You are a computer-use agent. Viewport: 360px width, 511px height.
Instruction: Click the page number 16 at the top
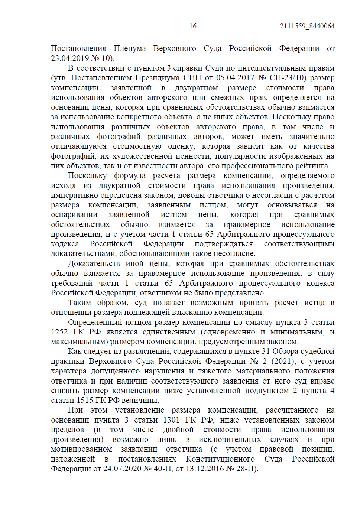pos(193,26)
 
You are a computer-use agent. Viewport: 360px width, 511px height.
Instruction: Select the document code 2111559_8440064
pos(307,26)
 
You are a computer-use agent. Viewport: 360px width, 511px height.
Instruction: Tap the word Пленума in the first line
pos(130,49)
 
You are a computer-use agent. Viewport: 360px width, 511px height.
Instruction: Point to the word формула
pos(130,176)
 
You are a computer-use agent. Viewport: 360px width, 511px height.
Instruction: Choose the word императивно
pos(71,195)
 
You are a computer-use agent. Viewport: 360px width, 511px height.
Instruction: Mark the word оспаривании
pos(74,215)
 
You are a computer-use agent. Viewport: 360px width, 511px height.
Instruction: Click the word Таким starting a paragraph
pos(80,303)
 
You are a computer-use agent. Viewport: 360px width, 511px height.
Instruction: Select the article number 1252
pos(59,332)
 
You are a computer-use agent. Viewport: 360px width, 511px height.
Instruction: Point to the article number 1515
pos(85,401)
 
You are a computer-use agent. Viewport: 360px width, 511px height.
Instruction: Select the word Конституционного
pos(220,459)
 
